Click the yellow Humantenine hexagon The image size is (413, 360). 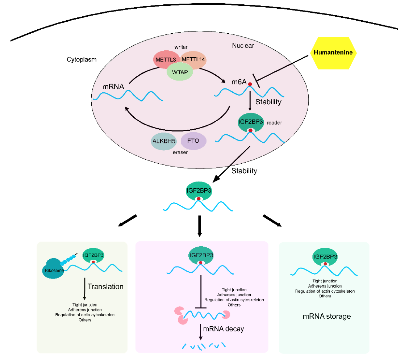click(x=333, y=53)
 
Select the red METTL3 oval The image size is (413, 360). click(x=165, y=59)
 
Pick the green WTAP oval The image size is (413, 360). click(x=180, y=72)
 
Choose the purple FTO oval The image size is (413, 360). click(x=193, y=141)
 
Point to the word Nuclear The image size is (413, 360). click(x=243, y=46)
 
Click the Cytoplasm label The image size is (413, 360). click(x=82, y=59)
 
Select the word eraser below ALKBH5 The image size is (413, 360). click(x=180, y=153)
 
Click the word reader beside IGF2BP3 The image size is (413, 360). click(x=274, y=123)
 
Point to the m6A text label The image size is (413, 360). click(x=239, y=82)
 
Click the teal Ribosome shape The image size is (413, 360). click(x=54, y=268)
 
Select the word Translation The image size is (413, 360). click(x=105, y=286)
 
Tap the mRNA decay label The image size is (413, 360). click(x=224, y=329)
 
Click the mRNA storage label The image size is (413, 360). click(x=326, y=316)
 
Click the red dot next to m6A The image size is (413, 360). click(x=250, y=84)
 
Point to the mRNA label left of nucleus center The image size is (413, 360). click(x=113, y=87)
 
